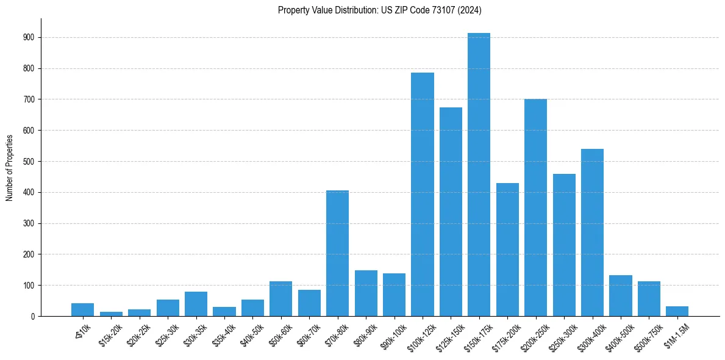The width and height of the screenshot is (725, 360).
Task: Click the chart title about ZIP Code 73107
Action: tap(380, 10)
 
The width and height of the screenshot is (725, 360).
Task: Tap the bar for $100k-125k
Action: tap(423, 195)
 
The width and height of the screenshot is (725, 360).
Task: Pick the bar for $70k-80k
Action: tap(338, 253)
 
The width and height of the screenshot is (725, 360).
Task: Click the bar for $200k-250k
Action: tap(535, 207)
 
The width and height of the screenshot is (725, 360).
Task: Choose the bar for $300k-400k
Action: tap(592, 232)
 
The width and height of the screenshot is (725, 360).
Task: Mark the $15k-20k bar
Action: tap(112, 314)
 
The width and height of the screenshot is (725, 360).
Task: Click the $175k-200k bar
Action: tap(507, 250)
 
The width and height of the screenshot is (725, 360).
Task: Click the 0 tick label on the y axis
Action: tap(33, 316)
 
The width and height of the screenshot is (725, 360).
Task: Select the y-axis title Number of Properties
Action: tap(9, 167)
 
